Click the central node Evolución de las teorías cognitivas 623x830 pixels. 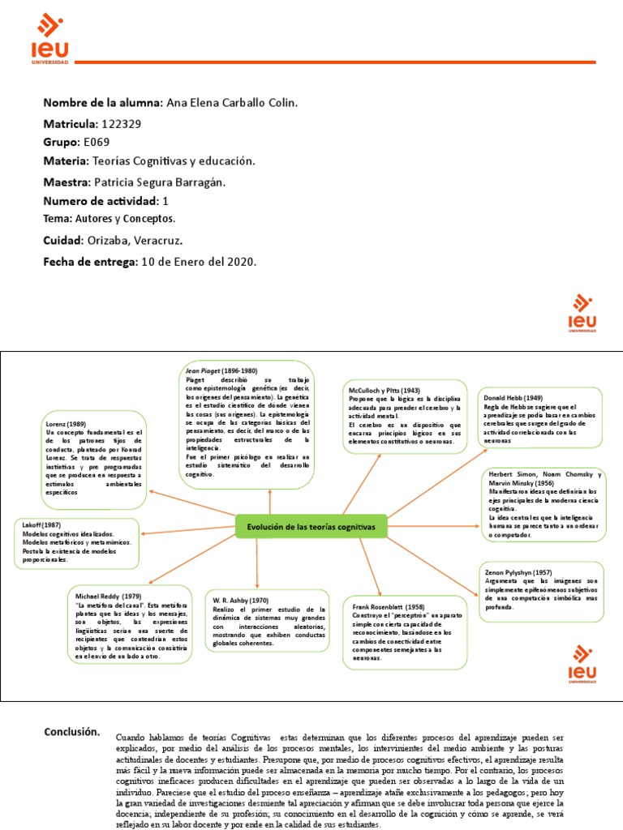(x=311, y=527)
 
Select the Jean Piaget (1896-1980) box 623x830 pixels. (x=247, y=424)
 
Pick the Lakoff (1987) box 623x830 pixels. (x=77, y=542)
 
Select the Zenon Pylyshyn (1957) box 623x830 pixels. (x=541, y=590)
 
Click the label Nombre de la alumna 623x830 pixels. (x=102, y=103)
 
